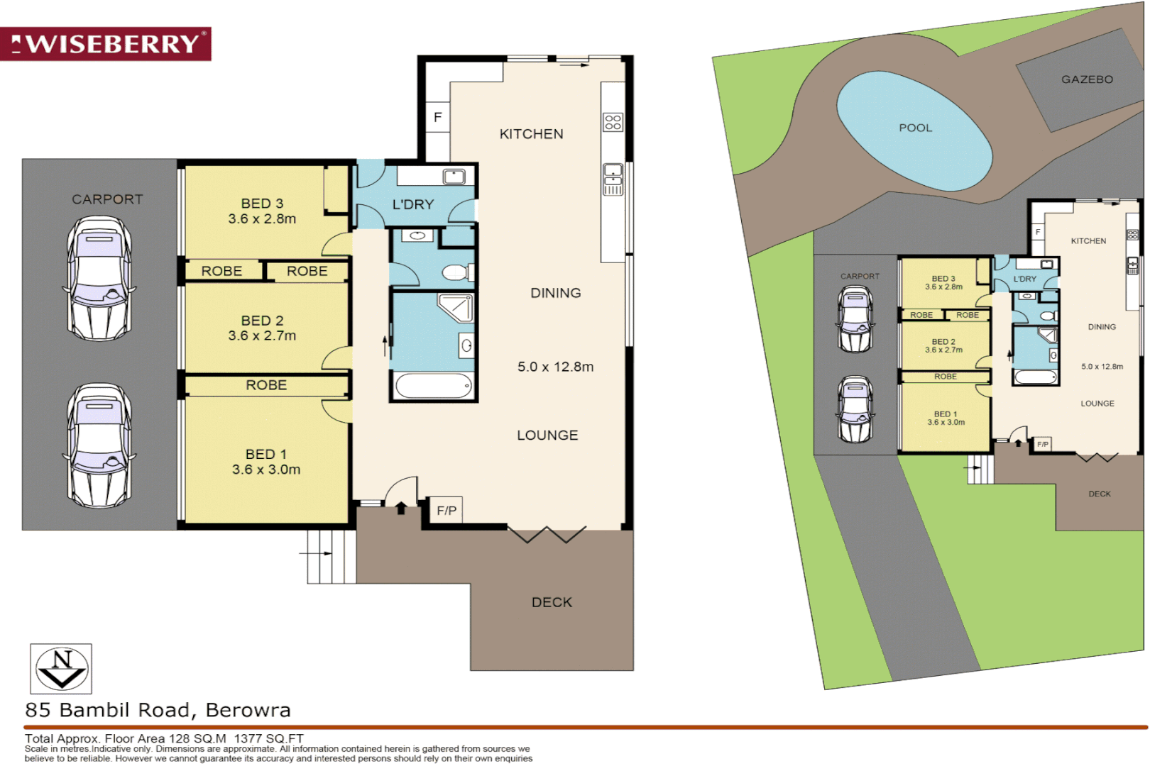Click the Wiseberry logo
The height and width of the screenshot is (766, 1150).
click(106, 44)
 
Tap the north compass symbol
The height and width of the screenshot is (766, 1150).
click(61, 669)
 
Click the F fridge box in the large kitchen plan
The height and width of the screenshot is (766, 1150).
click(438, 117)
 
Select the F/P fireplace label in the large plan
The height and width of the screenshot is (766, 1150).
click(447, 510)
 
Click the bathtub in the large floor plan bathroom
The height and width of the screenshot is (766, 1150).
click(433, 387)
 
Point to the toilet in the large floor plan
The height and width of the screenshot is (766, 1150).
click(457, 272)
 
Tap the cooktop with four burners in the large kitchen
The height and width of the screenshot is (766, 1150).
click(613, 122)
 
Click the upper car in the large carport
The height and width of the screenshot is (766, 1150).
click(99, 278)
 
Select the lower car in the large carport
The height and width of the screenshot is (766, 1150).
click(99, 445)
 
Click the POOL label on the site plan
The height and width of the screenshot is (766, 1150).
click(915, 128)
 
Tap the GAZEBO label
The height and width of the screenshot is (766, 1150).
click(1087, 79)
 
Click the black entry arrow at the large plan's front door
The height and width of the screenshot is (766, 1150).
click(401, 508)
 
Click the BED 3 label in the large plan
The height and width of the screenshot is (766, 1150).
click(262, 204)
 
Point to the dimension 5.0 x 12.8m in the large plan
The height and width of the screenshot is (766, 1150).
click(555, 367)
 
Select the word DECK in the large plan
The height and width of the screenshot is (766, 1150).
click(552, 602)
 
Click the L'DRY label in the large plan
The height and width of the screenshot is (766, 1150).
click(413, 204)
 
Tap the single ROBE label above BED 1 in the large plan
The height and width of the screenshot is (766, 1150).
click(266, 385)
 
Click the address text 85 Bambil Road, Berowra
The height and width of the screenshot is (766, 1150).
click(158, 710)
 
